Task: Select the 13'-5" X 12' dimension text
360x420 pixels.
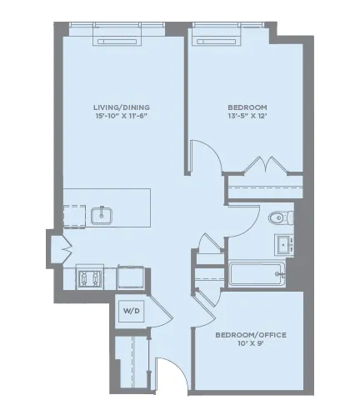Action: [x=247, y=118]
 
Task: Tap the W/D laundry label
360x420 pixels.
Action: [x=132, y=310]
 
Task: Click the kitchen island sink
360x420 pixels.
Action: [x=102, y=216]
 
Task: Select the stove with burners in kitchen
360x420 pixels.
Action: [x=89, y=276]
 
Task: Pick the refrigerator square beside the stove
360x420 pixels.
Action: [x=131, y=276]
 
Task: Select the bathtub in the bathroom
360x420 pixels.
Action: [x=257, y=274]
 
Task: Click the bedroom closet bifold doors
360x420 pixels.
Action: [x=265, y=163]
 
